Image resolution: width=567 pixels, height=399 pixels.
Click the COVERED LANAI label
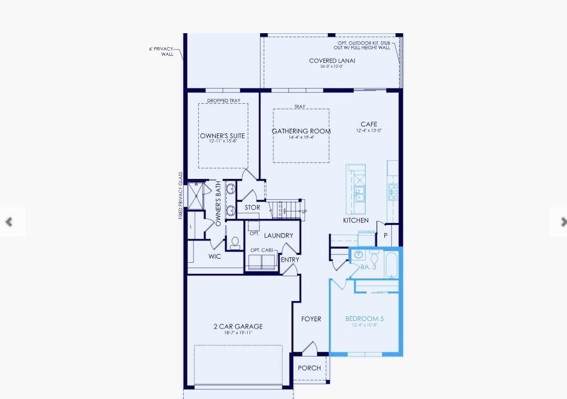331,61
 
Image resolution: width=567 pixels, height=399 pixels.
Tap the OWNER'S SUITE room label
222,136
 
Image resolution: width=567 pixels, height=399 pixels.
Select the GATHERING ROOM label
301,131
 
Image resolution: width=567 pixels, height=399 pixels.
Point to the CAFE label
369,124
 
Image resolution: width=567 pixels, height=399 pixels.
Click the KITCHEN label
355,221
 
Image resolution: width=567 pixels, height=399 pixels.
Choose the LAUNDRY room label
279,235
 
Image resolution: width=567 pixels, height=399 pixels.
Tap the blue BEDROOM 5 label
365,319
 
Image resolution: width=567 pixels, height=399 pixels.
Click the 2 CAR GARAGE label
238,326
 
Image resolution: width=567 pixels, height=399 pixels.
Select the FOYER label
311,319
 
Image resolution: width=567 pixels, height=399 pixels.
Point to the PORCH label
309,368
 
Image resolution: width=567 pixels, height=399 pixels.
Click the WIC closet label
215,256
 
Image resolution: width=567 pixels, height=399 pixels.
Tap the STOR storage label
252,207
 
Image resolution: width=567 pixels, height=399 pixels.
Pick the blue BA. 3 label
369,267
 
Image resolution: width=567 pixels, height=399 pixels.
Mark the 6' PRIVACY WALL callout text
162,51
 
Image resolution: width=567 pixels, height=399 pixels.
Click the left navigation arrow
9,222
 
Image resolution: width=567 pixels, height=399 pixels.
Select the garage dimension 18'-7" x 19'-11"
238,333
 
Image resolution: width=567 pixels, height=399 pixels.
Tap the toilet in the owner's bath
236,243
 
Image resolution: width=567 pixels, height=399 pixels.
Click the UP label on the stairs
304,211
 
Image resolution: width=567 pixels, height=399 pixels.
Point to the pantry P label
385,235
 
